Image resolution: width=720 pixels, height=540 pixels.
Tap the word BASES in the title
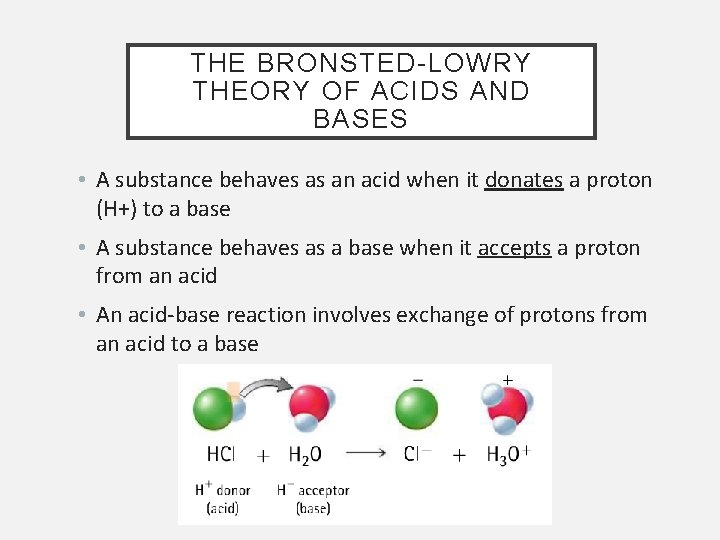click(360, 119)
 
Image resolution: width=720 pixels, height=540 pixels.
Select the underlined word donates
click(523, 181)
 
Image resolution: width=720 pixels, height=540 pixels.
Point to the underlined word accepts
click(514, 248)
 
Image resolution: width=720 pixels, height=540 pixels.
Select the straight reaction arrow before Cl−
click(365, 452)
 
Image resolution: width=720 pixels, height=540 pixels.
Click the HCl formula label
click(221, 454)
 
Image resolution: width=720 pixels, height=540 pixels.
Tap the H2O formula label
click(304, 455)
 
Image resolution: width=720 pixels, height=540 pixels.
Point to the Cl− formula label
click(418, 454)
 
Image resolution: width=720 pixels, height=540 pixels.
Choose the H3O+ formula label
click(507, 454)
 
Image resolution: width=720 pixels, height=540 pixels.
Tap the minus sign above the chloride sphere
click(416, 379)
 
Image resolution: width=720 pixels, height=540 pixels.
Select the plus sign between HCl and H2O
click(262, 455)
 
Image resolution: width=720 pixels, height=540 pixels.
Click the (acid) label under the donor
click(222, 508)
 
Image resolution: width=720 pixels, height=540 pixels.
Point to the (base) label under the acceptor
click(313, 508)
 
